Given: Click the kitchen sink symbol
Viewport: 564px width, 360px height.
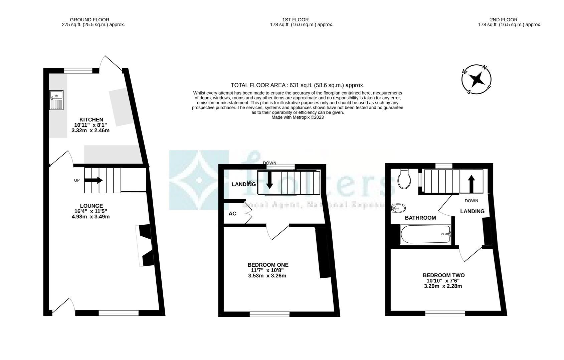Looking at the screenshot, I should pyautogui.click(x=56, y=100).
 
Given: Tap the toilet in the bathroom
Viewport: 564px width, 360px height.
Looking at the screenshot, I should pyautogui.click(x=404, y=179).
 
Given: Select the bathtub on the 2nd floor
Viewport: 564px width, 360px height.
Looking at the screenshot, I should pyautogui.click(x=425, y=234).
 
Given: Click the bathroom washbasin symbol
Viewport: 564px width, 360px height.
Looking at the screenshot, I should pyautogui.click(x=398, y=208).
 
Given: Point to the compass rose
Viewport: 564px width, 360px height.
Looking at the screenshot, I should pyautogui.click(x=476, y=79).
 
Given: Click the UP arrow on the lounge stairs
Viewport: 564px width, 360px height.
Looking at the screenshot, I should pyautogui.click(x=93, y=180).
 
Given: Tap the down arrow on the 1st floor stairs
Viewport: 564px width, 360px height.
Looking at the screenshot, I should pyautogui.click(x=269, y=182).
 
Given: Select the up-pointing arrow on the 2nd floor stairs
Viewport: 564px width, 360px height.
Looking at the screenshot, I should pyautogui.click(x=471, y=184).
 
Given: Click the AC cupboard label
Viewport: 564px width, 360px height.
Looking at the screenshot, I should pyautogui.click(x=232, y=214).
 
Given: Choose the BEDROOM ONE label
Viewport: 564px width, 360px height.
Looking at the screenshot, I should pyautogui.click(x=268, y=265).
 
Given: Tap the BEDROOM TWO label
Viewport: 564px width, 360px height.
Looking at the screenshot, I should pyautogui.click(x=443, y=275).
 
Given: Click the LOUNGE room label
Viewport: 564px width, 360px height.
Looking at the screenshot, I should pyautogui.click(x=91, y=206).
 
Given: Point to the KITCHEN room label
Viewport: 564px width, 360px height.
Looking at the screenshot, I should pyautogui.click(x=91, y=120).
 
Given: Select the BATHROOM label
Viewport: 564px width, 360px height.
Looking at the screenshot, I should pyautogui.click(x=420, y=218).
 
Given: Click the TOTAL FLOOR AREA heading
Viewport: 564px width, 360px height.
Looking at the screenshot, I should pyautogui.click(x=297, y=85).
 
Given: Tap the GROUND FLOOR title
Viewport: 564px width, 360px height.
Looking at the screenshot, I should pyautogui.click(x=89, y=20).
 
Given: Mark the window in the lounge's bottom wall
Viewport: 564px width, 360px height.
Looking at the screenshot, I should pyautogui.click(x=119, y=313).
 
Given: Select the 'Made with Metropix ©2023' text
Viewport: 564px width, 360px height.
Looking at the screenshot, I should pyautogui.click(x=298, y=117).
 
